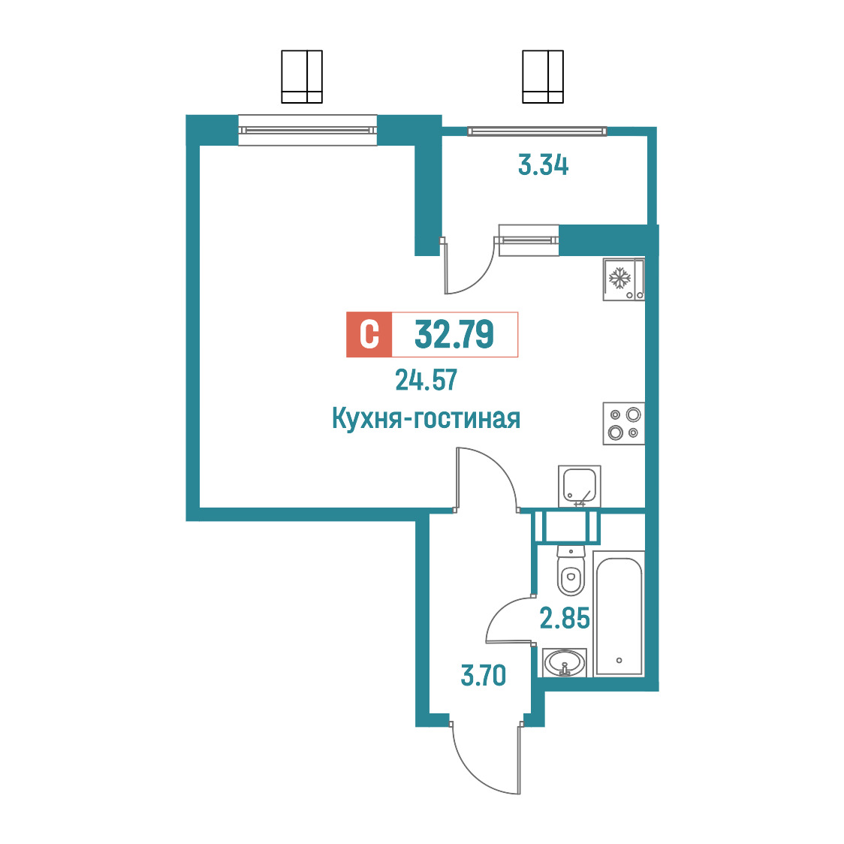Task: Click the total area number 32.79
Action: point(454,334)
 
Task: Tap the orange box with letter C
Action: point(369,334)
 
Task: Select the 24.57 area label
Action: point(427,380)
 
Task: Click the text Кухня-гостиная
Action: point(426,418)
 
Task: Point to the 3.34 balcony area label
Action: point(543,164)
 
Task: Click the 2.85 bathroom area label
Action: point(565,618)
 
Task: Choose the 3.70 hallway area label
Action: point(484,676)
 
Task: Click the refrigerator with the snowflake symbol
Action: point(623,279)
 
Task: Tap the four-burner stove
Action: point(623,424)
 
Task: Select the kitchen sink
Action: point(579,487)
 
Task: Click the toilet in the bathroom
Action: point(571,571)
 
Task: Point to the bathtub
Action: point(619,613)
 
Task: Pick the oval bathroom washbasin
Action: point(565,662)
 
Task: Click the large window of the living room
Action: point(307,130)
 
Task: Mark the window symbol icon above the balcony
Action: point(543,77)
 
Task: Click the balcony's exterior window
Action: point(537,131)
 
